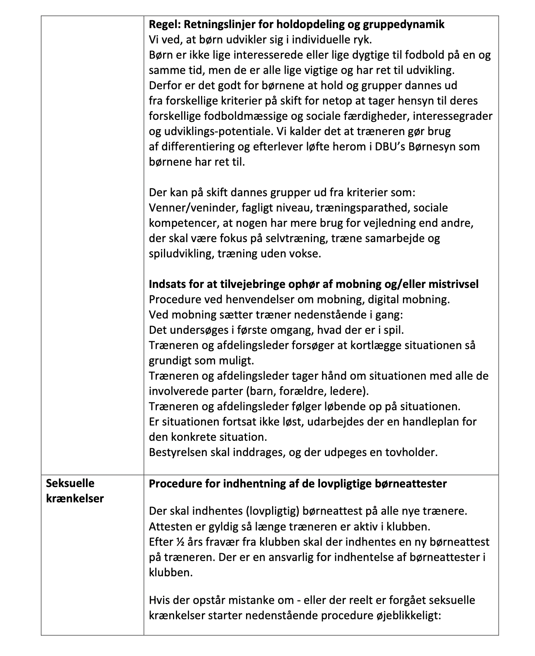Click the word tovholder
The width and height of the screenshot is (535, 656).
click(x=411, y=452)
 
